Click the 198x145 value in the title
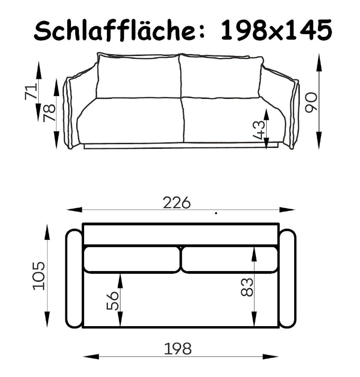tap(276, 31)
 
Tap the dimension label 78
tap(49, 113)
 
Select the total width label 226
tap(177, 203)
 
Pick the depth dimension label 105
tap(39, 276)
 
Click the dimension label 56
tap(113, 300)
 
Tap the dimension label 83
tap(247, 287)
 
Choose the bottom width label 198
tap(178, 349)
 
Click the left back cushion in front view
tap(138, 77)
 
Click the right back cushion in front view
tap(220, 77)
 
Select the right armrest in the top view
tap(288, 279)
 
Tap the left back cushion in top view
tap(131, 259)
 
